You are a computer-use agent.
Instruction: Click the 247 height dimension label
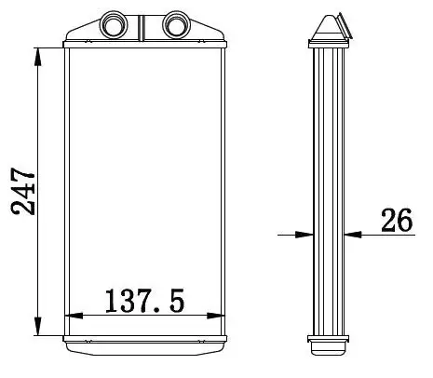pos(22,192)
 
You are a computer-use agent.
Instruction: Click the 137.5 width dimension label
pos(144,301)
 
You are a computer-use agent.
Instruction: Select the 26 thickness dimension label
pos(397,220)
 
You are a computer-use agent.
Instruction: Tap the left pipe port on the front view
pos(114,24)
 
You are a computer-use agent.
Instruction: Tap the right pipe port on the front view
pos(176,24)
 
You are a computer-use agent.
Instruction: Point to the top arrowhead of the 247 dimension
pos(38,57)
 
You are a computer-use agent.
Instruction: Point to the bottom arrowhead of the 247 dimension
pos(38,326)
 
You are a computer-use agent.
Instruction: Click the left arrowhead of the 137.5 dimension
pos(74,316)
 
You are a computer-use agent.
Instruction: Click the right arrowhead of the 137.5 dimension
pos(216,316)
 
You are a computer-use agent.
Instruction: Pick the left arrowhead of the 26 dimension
pos(304,235)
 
